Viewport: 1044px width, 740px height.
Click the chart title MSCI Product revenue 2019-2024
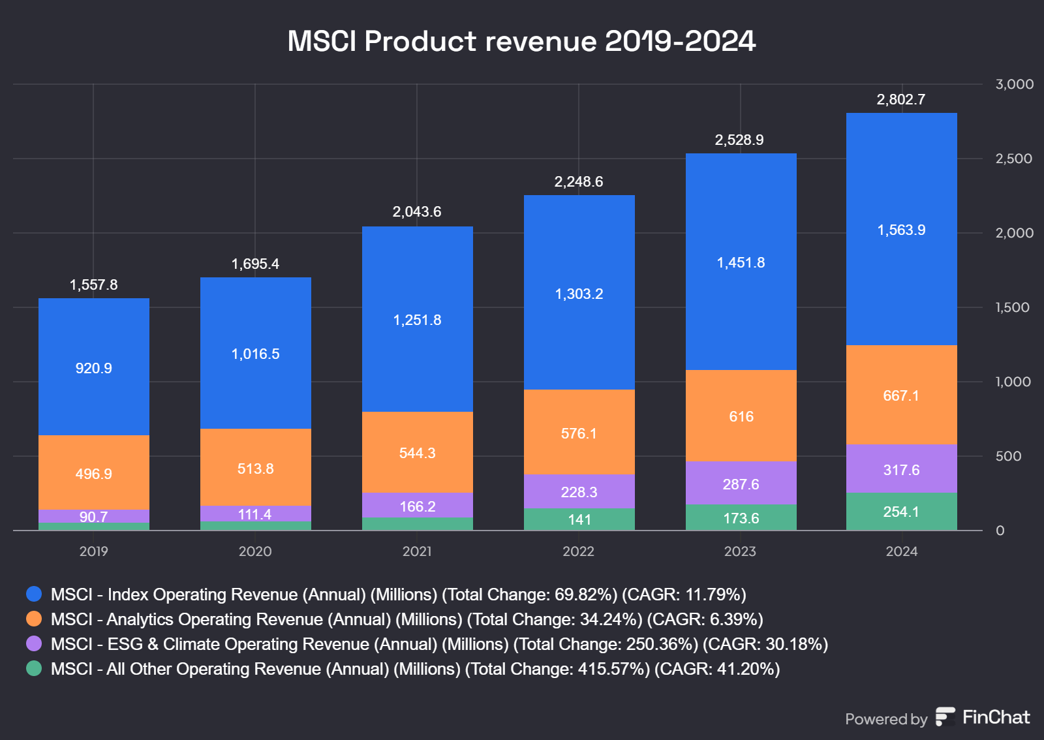coord(521,41)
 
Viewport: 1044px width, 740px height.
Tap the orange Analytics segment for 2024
coord(901,418)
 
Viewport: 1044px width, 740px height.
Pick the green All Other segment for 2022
coord(579,519)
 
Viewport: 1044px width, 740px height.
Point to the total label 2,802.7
coord(901,99)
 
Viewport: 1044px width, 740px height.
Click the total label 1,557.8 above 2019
coord(94,285)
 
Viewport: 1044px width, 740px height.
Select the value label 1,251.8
coord(417,320)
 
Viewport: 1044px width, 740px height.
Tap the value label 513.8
coord(255,469)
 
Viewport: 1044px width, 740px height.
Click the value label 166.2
coord(417,506)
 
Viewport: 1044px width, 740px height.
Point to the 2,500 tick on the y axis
coord(1013,159)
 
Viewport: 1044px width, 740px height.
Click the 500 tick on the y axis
coord(1008,456)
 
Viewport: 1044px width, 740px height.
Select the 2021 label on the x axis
coord(417,551)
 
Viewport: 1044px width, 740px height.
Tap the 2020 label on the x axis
coord(255,551)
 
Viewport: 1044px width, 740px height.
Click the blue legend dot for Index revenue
coord(34,594)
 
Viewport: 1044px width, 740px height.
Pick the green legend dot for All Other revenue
coord(34,668)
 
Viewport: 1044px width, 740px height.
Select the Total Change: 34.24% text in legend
coord(555,619)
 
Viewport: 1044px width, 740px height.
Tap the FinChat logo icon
coord(945,717)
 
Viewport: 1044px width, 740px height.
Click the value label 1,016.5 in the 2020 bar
coord(255,354)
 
